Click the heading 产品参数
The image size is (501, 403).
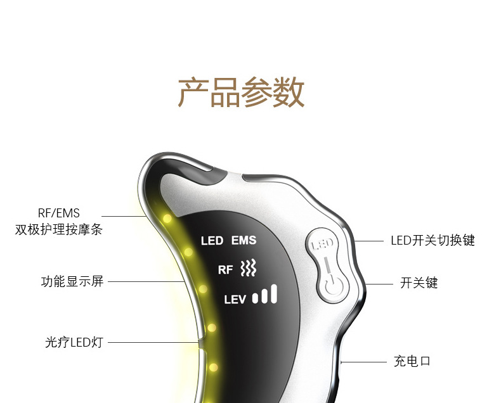point(241,93)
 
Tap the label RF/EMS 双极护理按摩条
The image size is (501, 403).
point(58,221)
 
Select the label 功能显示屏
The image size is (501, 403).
point(72,281)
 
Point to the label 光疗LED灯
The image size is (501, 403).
point(70,343)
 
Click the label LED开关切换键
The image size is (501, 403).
point(432,241)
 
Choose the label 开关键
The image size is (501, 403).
point(419,283)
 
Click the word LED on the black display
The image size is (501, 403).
point(212,241)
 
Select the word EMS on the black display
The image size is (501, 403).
point(244,241)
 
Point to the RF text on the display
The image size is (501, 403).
point(226,270)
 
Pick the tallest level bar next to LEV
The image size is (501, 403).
point(274,293)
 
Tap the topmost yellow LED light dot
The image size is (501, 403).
point(167,219)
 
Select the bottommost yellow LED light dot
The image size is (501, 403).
point(212,367)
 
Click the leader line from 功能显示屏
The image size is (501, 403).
point(146,281)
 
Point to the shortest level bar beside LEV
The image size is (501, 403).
point(256,298)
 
